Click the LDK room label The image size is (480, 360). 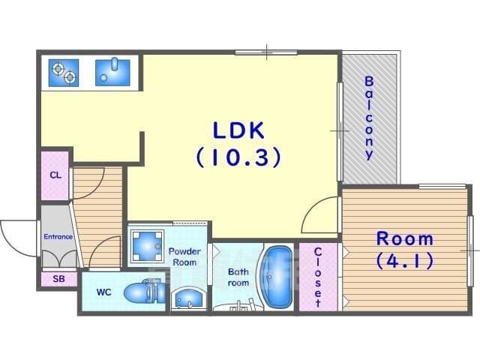238,130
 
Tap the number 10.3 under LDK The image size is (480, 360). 238,157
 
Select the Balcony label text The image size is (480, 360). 370,118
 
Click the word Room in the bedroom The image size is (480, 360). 405,238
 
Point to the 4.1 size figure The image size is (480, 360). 404,261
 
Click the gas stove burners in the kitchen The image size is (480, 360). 64,73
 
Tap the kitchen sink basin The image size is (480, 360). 112,72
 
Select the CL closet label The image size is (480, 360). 55,175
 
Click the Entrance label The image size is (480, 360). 58,237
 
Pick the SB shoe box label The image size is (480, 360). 58,279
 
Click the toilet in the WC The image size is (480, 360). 145,292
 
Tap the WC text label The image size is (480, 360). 104,292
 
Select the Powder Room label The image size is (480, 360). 184,256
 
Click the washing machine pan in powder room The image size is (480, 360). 147,246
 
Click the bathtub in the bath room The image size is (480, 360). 277,277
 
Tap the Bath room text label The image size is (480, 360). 238,277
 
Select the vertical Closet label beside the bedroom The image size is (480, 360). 318,277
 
